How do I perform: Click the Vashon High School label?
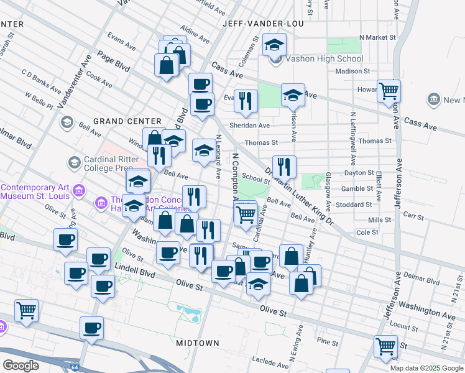coord(324,59)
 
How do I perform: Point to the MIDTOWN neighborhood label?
coord(198,343)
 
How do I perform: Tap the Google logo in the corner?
coord(21,365)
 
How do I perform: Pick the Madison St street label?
coord(352,71)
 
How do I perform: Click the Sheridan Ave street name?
coord(252,125)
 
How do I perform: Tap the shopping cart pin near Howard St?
coord(389,91)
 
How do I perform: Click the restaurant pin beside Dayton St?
coord(284,166)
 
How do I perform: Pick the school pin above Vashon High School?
coord(274,44)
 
